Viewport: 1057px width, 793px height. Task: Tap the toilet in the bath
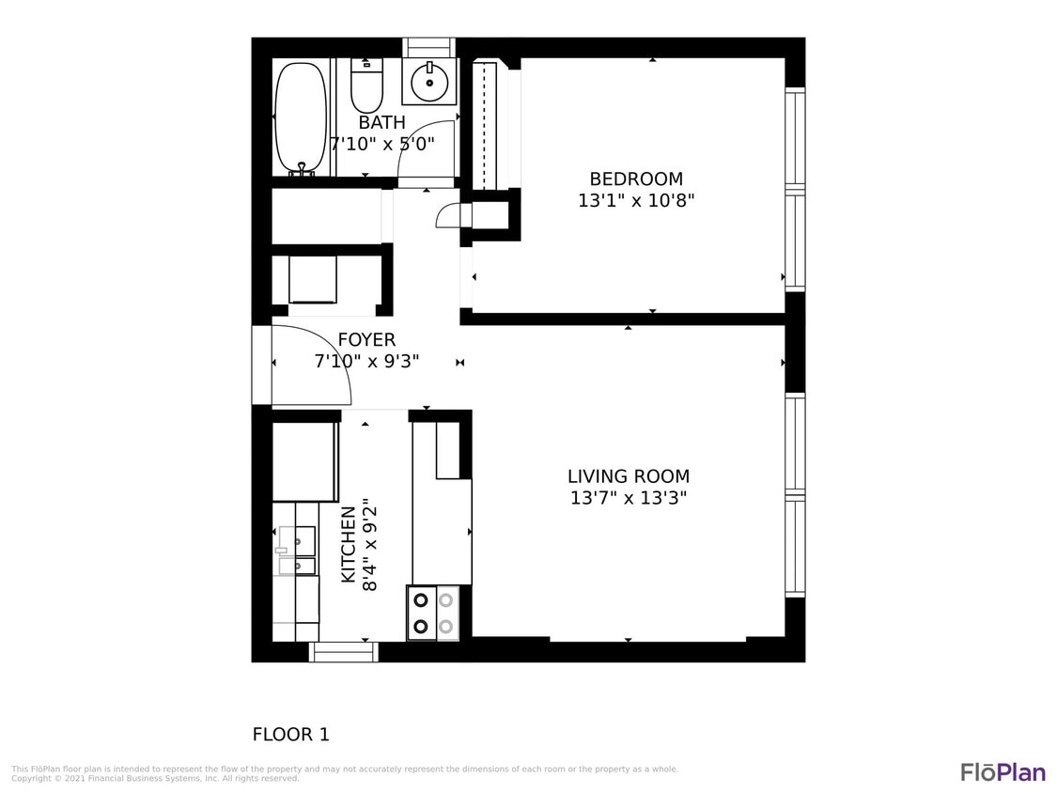(366, 86)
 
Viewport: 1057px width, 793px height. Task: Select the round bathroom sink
(429, 82)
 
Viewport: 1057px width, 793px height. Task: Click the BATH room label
(381, 123)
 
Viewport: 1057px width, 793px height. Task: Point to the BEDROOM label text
(636, 179)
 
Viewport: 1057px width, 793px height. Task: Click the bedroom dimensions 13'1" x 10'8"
(636, 200)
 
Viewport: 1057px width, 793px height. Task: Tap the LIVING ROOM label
(628, 476)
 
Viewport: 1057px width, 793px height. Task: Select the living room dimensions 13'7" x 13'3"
(628, 498)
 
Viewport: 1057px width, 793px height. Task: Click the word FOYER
(366, 339)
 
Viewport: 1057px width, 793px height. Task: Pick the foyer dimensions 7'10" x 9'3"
(366, 361)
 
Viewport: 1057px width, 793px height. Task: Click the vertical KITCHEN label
(349, 544)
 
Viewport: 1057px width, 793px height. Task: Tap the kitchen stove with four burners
(433, 613)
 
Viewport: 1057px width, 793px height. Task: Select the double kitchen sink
(298, 551)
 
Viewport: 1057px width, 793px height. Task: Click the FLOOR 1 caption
(291, 735)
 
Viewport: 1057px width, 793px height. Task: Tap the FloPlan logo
(1003, 772)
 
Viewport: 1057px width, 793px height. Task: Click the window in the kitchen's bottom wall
(344, 652)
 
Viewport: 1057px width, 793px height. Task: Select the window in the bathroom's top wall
(429, 47)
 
